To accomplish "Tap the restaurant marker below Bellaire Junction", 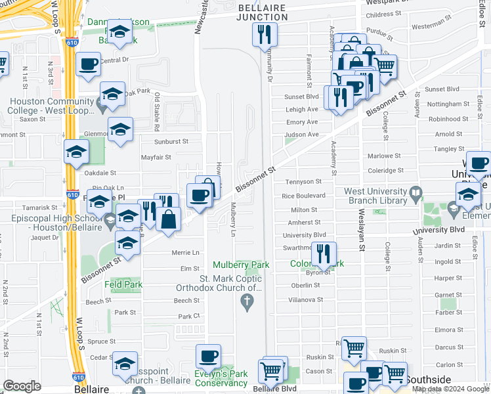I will pos(265,34).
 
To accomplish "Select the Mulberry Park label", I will pos(241,265).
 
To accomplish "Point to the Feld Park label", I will pos(123,284).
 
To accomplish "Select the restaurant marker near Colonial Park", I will pos(324,253).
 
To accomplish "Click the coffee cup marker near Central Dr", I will pos(88,65).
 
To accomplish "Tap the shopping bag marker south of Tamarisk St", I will pos(169,219).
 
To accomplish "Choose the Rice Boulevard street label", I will pos(303,196).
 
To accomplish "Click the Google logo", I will pos(22,386).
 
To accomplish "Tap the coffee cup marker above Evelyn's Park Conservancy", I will pos(209,357).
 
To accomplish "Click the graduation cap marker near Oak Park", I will pos(112,93).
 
